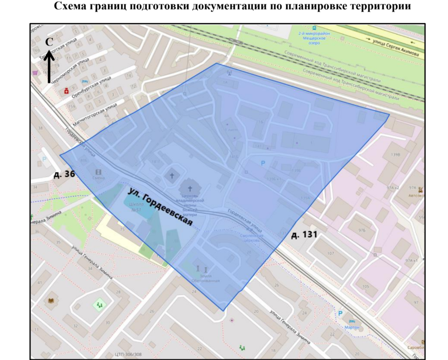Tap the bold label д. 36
[63, 175]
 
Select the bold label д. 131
[304, 235]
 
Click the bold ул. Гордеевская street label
[160, 209]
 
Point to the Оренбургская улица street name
[88, 86]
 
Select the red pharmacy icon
[66, 92]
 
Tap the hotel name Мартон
[352, 327]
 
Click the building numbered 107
[330, 253]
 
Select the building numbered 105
[365, 286]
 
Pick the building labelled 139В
[395, 155]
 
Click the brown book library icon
[51, 301]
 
